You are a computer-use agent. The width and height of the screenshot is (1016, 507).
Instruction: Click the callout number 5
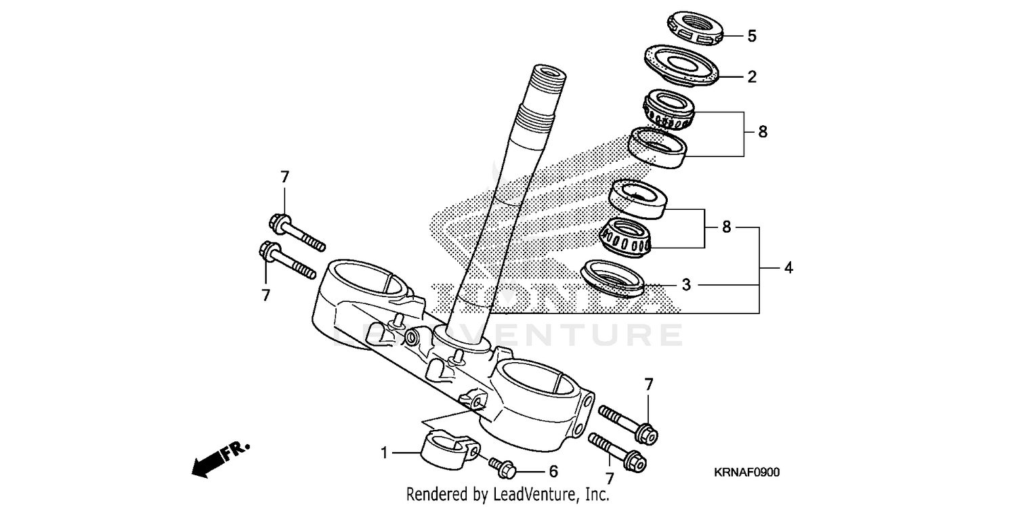[x=752, y=36]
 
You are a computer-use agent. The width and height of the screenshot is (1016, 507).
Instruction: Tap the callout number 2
[x=752, y=76]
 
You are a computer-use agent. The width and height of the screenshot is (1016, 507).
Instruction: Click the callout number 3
[x=686, y=285]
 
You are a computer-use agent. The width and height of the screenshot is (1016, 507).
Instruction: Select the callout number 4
[x=788, y=268]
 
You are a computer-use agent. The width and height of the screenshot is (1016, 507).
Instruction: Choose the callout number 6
[x=553, y=471]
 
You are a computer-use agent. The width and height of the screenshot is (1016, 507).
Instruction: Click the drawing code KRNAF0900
[x=746, y=472]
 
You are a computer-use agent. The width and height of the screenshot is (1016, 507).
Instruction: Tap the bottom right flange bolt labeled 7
[x=618, y=452]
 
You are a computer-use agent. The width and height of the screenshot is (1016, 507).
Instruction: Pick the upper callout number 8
[x=763, y=132]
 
